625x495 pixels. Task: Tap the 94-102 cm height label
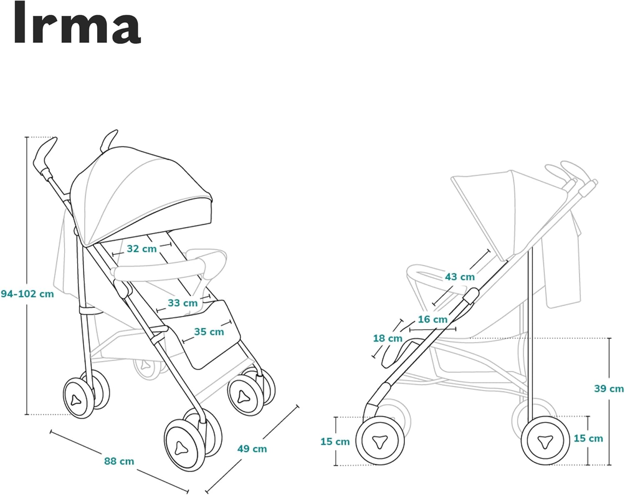point(27,294)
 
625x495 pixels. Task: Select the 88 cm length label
point(119,461)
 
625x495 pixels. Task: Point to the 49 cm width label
point(252,449)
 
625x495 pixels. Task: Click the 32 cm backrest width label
point(142,249)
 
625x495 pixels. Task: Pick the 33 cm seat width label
point(182,303)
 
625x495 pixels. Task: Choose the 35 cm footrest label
point(209,332)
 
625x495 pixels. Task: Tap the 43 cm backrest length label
point(460,277)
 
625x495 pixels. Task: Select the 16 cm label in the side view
point(432,320)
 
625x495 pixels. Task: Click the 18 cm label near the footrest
point(387,338)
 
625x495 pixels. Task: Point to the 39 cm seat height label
point(609,388)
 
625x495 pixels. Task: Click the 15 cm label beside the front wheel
point(335,441)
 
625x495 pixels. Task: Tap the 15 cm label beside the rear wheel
point(588,438)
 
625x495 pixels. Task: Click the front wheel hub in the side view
point(380,441)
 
